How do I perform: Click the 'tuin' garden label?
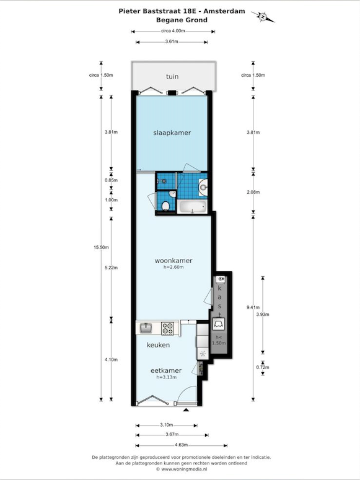click(x=172, y=77)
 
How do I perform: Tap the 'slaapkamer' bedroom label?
click(x=172, y=133)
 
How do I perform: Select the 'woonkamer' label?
click(x=173, y=261)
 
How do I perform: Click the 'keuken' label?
click(x=158, y=345)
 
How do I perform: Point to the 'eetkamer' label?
click(x=166, y=370)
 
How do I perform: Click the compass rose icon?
click(x=263, y=17)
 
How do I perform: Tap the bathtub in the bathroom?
click(x=193, y=207)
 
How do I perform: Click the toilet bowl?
click(x=166, y=206)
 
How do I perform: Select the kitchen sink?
click(x=146, y=328)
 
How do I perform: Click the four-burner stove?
click(x=167, y=328)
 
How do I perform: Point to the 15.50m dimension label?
click(x=101, y=247)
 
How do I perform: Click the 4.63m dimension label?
click(x=182, y=445)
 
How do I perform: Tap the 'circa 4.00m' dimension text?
click(x=173, y=31)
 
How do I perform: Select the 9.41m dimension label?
click(x=253, y=308)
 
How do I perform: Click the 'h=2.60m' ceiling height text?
click(x=173, y=267)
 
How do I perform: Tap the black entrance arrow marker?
click(x=186, y=409)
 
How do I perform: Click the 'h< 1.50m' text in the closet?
click(x=219, y=341)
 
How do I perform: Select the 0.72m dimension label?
click(x=263, y=367)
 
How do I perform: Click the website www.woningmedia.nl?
click(x=184, y=469)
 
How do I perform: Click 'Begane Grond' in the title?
click(x=182, y=20)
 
